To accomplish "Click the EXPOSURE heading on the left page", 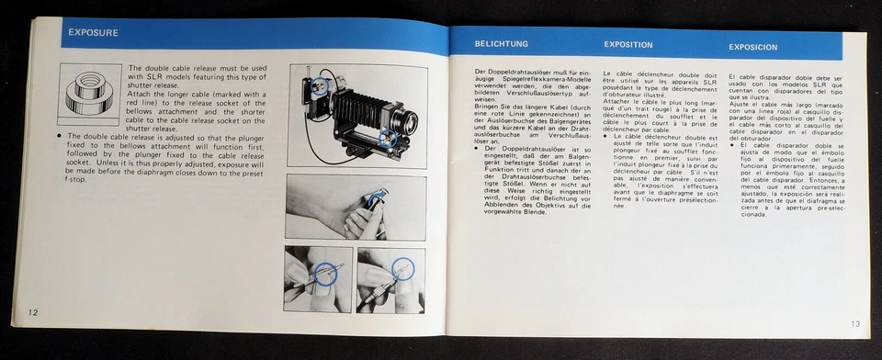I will tap(93, 34).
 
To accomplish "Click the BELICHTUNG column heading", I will tap(501, 44).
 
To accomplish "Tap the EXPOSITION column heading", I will tap(628, 44).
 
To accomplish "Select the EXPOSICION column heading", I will tap(753, 46).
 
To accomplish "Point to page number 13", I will tap(855, 322).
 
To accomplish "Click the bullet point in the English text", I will tap(60, 135).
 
